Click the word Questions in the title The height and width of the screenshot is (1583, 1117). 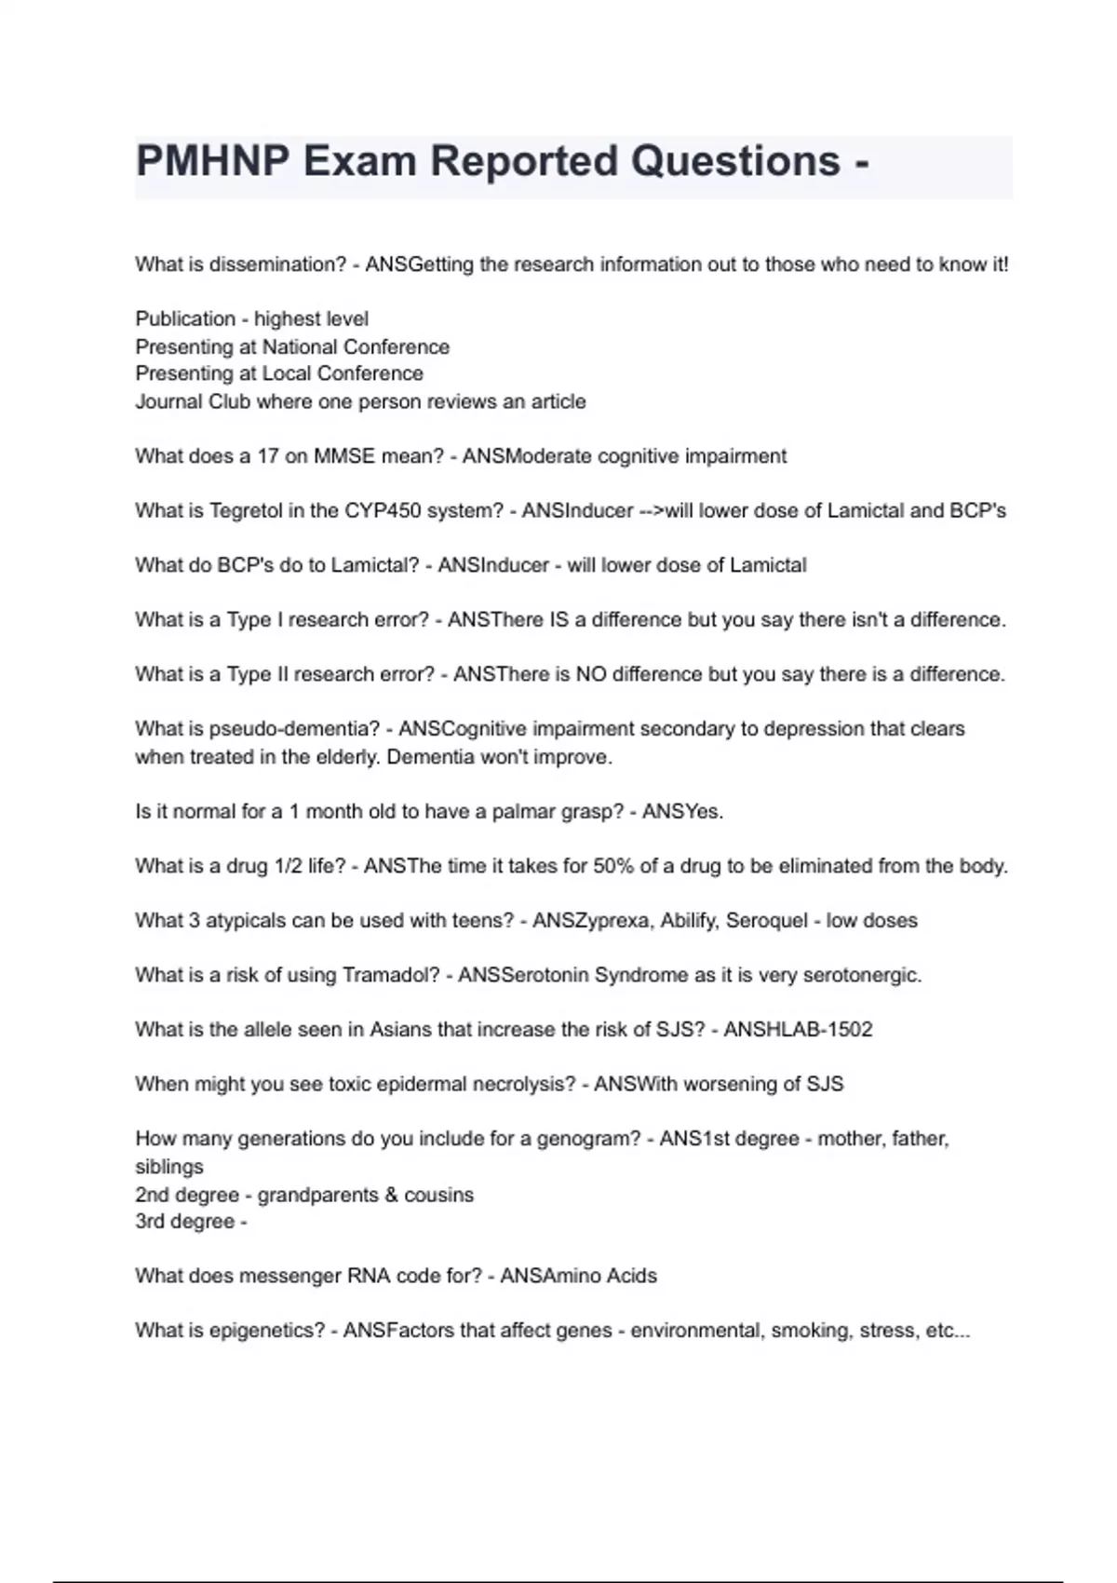pos(735,162)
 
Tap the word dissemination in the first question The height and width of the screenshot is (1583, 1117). pos(277,264)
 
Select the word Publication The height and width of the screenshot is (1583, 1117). pos(185,318)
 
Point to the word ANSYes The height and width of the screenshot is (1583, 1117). pos(682,811)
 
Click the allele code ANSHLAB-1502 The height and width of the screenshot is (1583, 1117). pos(798,1029)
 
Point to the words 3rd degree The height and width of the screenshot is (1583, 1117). pos(184,1222)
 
